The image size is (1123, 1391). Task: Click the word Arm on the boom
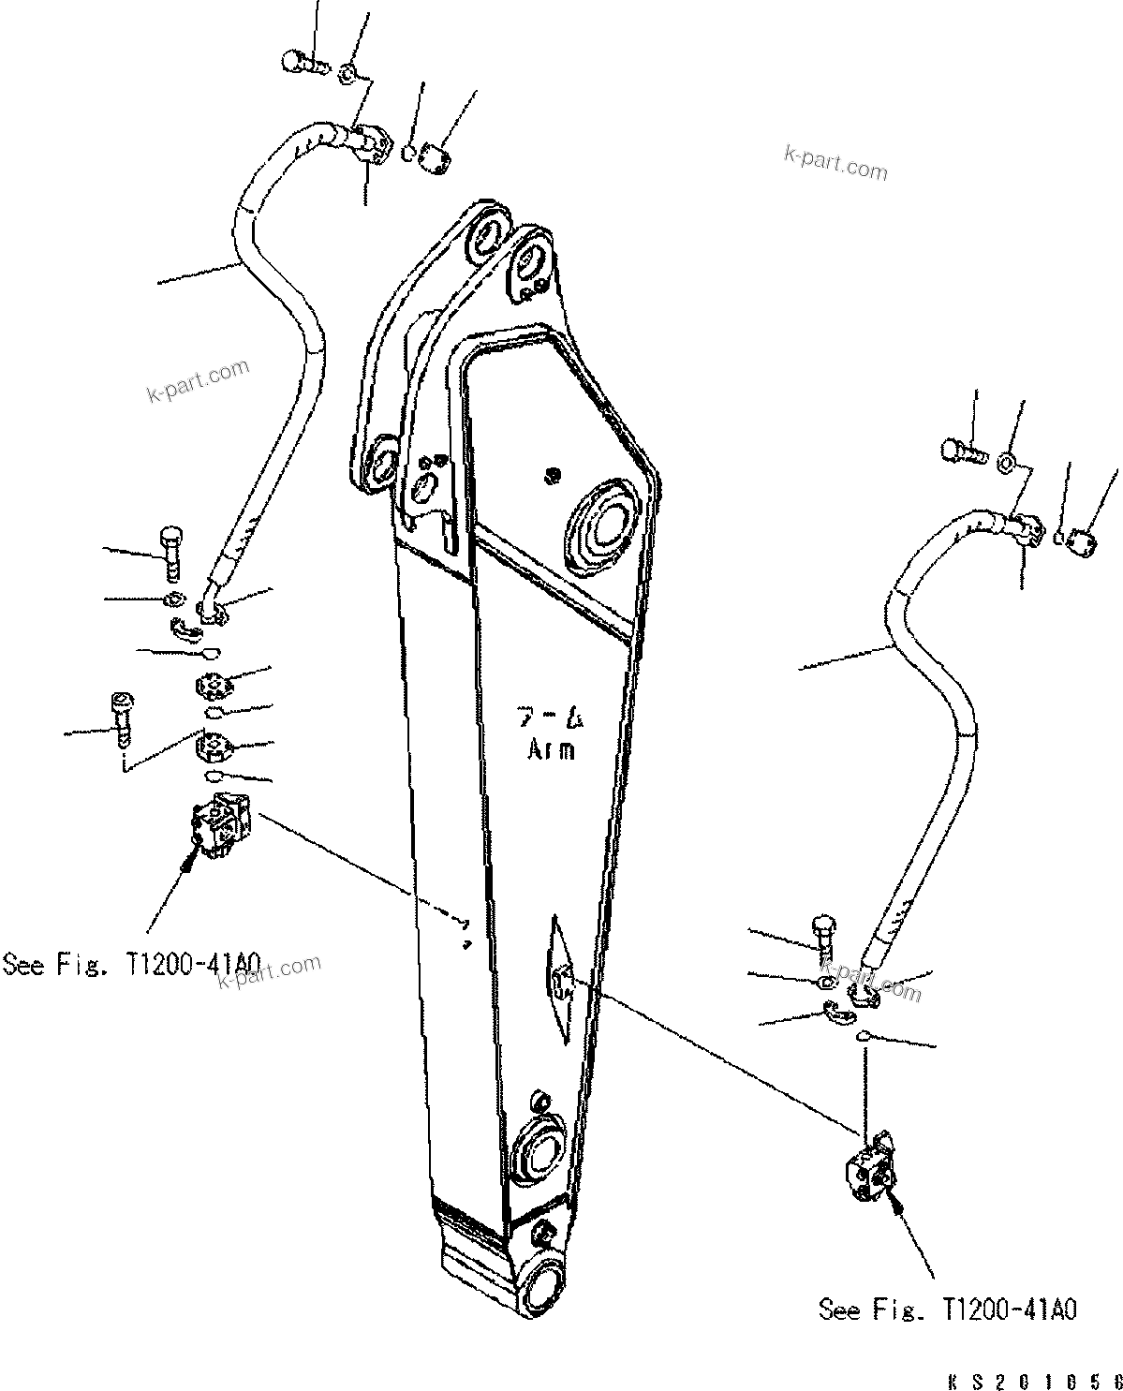pos(551,748)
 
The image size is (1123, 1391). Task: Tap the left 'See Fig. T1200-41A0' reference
pos(132,963)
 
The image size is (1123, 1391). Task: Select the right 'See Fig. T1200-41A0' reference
pos(947,1309)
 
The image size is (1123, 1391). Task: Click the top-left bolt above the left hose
pos(303,62)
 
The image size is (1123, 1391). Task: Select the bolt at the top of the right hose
pos(962,451)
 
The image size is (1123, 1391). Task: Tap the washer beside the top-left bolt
pos(346,72)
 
